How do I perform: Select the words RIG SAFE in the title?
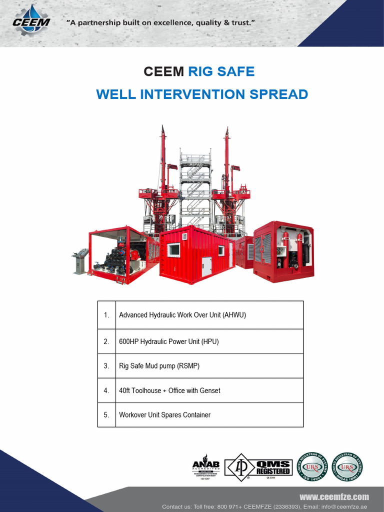coord(221,71)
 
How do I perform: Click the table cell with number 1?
coord(106,315)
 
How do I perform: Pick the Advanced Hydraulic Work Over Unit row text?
coord(182,315)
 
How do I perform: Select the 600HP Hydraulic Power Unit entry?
coord(169,341)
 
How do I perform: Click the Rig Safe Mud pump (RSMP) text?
coord(159,366)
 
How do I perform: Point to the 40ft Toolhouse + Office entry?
coord(169,390)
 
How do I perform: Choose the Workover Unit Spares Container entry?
coord(164,415)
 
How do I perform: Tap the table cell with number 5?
coord(106,415)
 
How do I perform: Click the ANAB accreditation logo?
coord(205,467)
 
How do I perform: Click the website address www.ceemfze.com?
coord(334,496)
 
